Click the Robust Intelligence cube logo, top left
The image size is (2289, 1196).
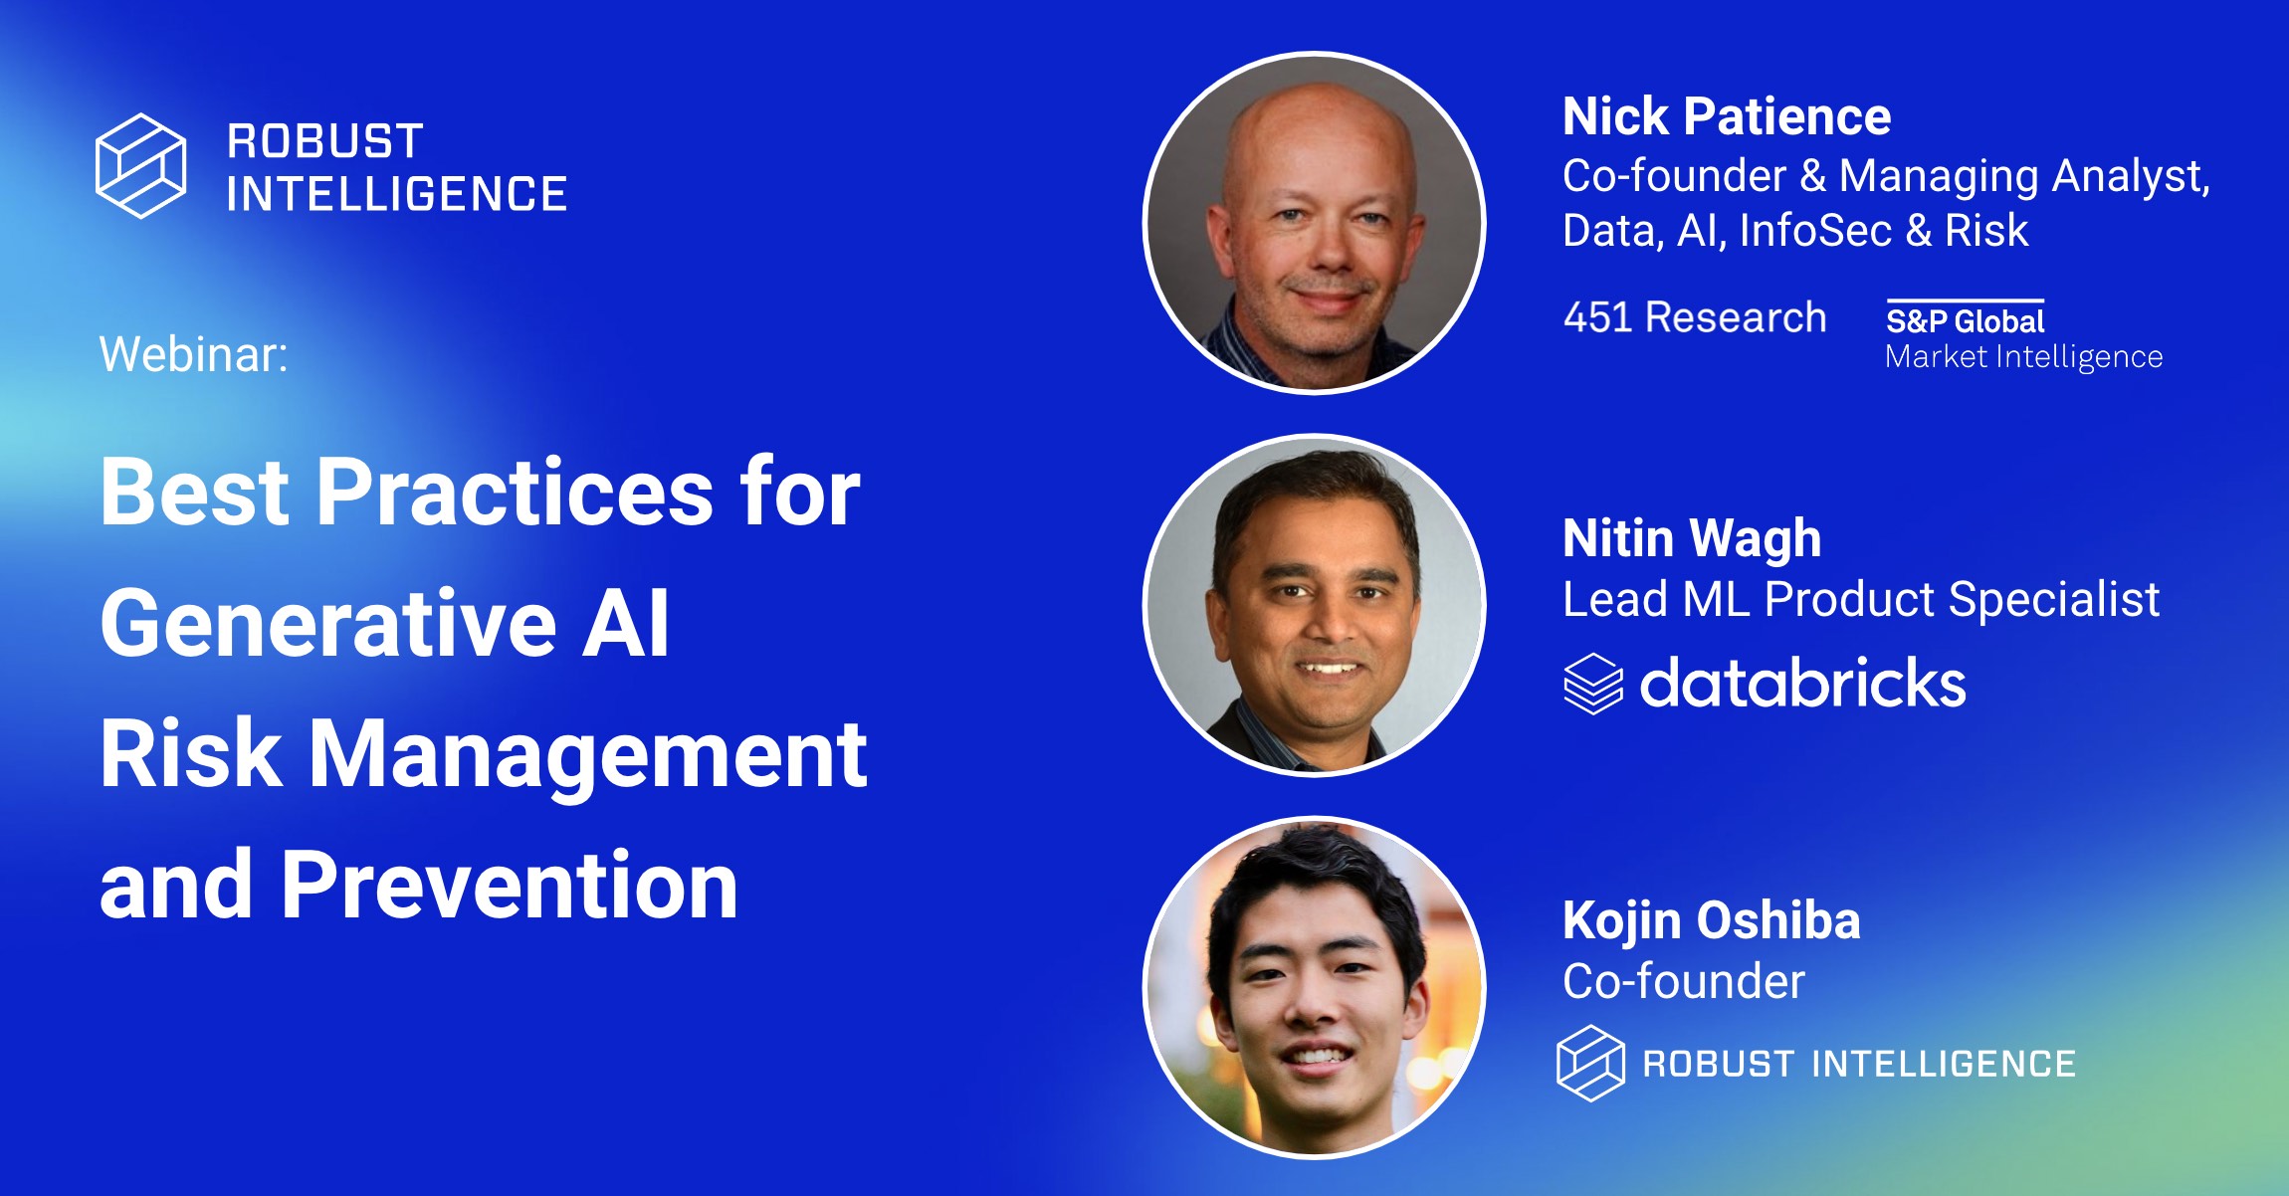click(140, 165)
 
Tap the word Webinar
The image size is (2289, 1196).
click(193, 354)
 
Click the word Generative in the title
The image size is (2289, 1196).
click(328, 624)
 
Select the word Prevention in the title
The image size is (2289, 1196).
click(509, 885)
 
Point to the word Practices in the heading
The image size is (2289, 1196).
click(515, 492)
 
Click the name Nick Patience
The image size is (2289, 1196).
click(1726, 116)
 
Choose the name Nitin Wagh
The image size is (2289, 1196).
click(1691, 538)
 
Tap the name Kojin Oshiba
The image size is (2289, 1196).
click(1710, 920)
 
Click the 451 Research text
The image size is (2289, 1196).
click(1694, 317)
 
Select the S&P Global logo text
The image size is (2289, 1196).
click(1965, 321)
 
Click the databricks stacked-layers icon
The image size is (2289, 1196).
click(1592, 684)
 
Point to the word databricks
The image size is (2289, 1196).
click(1802, 684)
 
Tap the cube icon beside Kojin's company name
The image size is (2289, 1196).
click(1590, 1063)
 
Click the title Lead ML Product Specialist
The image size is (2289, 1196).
click(1860, 599)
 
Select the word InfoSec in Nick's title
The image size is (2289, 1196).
click(1814, 231)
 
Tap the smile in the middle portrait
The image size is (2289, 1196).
click(1329, 669)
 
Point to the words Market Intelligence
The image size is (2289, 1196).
click(2023, 356)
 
